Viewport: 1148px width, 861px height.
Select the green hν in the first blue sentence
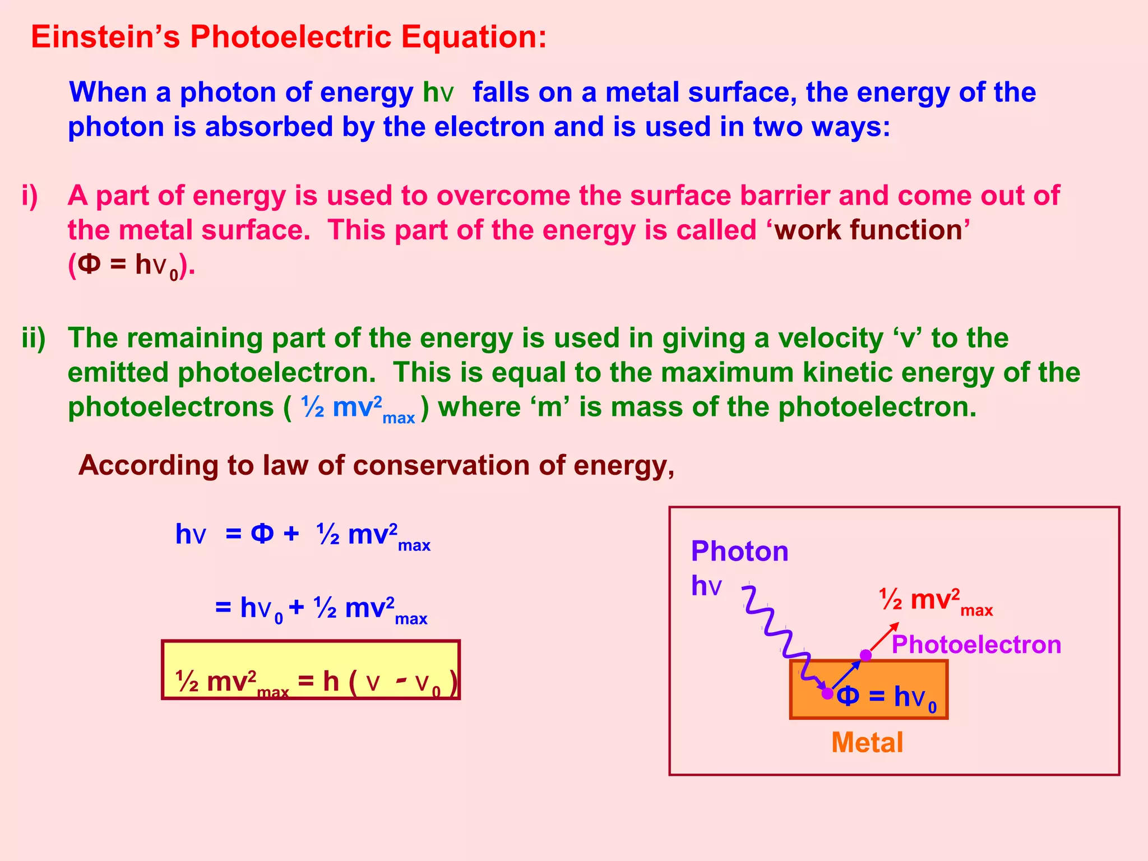(438, 92)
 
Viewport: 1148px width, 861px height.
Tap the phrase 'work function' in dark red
(868, 230)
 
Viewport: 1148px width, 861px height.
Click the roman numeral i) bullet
(30, 196)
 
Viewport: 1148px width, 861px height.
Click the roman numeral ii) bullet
(34, 339)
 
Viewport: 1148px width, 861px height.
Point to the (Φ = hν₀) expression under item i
(131, 266)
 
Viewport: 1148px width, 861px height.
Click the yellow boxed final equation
(311, 670)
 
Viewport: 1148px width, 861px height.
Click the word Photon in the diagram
(739, 551)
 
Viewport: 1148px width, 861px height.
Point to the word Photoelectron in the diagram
(976, 645)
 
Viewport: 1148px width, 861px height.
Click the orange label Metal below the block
(867, 743)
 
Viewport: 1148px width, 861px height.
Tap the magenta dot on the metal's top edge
(866, 655)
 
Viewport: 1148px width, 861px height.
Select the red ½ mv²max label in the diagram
(936, 601)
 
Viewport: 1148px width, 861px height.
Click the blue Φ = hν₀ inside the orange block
(886, 697)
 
